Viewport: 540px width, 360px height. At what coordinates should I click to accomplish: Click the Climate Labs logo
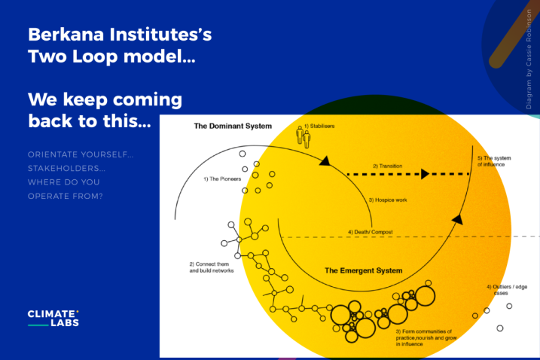(x=53, y=318)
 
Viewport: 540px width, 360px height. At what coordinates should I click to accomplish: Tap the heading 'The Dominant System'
(x=233, y=126)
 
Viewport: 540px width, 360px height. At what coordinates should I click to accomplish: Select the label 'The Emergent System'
(x=363, y=271)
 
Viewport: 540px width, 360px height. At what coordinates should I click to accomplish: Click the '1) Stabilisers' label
(x=319, y=126)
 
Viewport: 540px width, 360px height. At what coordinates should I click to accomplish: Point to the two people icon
(x=304, y=137)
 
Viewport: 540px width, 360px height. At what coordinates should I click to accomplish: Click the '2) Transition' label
(x=387, y=166)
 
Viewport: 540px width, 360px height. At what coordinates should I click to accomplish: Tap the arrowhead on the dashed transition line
(x=426, y=174)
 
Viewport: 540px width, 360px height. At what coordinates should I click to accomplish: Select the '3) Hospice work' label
(x=388, y=200)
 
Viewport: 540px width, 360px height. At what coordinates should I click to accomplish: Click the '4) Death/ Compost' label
(x=371, y=232)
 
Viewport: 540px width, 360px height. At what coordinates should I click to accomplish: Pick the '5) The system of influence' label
(x=494, y=161)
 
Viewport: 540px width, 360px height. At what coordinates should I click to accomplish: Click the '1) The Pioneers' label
(x=222, y=179)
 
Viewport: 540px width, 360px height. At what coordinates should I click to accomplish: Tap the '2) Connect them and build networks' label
(x=212, y=267)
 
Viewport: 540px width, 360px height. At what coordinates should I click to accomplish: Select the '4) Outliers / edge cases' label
(x=507, y=290)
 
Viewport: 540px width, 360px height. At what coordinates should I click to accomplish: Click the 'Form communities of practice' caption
(x=426, y=337)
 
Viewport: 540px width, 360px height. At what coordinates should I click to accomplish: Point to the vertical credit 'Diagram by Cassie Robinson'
(x=529, y=59)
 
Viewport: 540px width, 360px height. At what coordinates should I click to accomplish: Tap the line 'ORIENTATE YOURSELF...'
(x=81, y=154)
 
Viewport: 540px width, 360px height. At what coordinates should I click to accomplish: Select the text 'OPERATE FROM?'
(x=65, y=197)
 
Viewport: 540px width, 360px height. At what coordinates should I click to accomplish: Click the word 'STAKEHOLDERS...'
(x=66, y=169)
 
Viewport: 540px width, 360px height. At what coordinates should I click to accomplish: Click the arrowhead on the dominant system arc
(x=325, y=161)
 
